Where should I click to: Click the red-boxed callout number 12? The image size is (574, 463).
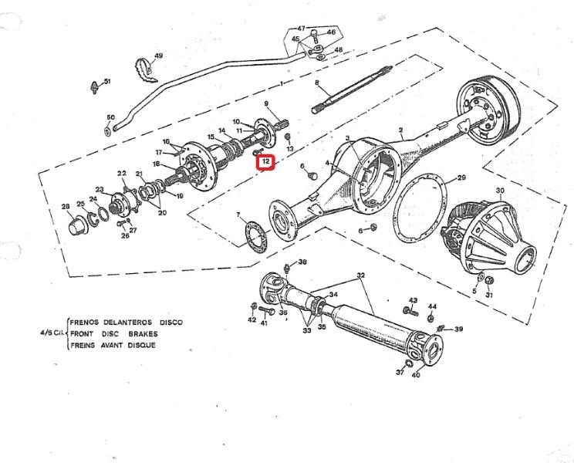[265, 161]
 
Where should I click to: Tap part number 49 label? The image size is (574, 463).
[158, 56]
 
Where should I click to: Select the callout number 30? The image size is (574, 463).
[500, 191]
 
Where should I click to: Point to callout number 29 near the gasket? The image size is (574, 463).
[461, 177]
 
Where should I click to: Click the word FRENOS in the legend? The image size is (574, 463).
[84, 323]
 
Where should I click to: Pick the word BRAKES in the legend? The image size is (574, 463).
[143, 334]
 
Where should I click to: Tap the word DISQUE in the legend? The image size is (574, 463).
[142, 345]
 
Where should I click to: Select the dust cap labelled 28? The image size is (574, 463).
[78, 226]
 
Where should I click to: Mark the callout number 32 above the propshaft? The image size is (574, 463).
[360, 275]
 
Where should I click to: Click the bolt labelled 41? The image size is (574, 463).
[267, 311]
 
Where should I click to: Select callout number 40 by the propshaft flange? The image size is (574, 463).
[416, 375]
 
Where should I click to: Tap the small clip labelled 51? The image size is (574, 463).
[95, 87]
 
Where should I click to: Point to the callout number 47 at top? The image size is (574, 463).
[301, 29]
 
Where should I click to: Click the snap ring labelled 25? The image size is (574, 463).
[94, 219]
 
